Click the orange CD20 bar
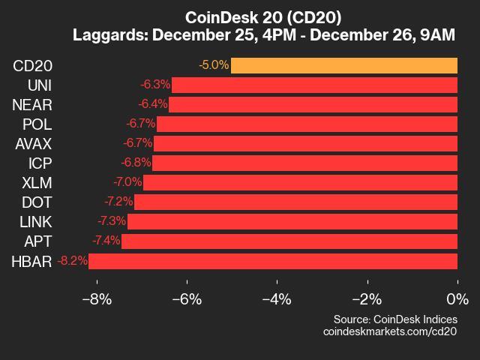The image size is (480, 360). coord(344,65)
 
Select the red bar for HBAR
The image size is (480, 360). coord(273,261)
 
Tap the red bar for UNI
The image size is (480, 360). coord(315,85)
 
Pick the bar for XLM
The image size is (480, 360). coord(300,182)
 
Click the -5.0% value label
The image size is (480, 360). coord(214,65)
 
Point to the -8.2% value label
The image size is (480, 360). coord(71,261)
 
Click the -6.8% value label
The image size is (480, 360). coord(136,163)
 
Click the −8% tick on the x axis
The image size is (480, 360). coord(96,299)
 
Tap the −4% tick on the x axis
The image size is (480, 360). coord(277,299)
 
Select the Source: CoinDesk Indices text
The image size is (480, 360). coord(395,319)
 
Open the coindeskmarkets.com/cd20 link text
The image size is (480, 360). coord(389,331)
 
